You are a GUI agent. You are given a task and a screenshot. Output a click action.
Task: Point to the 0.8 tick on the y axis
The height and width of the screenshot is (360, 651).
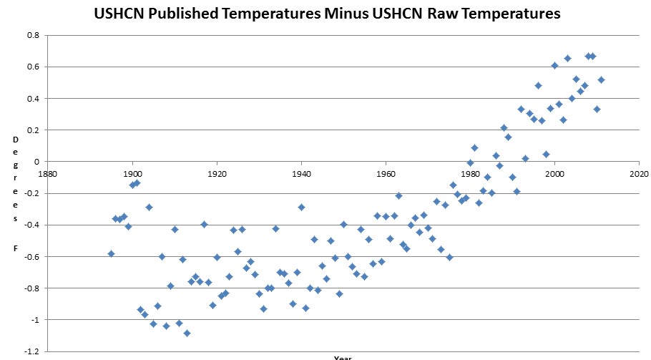tap(32, 35)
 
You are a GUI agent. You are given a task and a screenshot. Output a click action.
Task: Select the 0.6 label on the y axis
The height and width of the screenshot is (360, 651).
tap(32, 67)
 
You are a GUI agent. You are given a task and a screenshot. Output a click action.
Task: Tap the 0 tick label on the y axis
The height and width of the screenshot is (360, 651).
tap(36, 162)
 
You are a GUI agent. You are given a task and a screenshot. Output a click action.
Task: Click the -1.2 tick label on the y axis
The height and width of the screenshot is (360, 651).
tap(30, 351)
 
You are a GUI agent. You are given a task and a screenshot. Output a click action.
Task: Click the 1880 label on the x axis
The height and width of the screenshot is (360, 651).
tap(48, 174)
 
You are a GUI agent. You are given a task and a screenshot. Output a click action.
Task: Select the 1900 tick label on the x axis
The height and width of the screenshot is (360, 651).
tap(132, 174)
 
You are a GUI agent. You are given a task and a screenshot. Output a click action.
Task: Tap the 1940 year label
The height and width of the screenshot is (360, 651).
tap(301, 174)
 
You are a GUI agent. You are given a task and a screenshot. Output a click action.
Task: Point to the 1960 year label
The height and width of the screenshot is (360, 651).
tap(386, 174)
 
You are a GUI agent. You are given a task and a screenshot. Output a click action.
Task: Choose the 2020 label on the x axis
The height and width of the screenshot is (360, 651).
tap(639, 174)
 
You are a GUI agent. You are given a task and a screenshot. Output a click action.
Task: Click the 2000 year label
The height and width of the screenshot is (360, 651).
tap(554, 174)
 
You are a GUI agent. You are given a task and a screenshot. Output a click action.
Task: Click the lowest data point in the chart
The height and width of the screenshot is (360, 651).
tap(187, 333)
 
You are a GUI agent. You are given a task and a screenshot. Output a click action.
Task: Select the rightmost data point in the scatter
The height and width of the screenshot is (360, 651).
tap(601, 79)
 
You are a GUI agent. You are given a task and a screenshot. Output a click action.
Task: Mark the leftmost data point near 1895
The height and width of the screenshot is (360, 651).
tap(111, 253)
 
